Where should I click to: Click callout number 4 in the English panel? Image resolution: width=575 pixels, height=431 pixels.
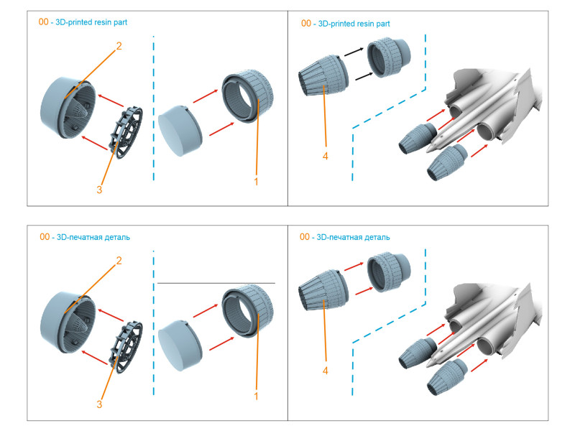[326, 157]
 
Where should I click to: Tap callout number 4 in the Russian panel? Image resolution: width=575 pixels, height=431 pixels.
[326, 371]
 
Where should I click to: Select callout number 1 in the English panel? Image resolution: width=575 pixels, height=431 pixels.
[256, 182]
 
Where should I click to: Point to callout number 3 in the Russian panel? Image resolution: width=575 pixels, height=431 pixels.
[99, 404]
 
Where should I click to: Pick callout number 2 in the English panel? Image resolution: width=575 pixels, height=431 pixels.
[119, 46]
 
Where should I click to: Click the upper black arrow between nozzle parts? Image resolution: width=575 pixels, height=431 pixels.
[354, 52]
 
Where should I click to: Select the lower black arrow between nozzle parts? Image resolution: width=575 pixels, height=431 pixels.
[364, 76]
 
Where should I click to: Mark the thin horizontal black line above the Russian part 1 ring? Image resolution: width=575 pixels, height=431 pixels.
[216, 283]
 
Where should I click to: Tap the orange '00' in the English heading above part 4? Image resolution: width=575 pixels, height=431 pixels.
[306, 24]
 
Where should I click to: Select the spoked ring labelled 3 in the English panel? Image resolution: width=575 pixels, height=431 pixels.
[126, 133]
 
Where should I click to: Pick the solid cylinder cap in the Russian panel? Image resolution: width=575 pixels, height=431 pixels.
[180, 346]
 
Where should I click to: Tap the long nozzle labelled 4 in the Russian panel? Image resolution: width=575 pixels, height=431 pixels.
[323, 290]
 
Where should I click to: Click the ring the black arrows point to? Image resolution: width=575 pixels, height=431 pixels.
[389, 57]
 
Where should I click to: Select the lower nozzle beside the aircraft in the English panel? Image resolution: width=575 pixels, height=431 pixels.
[447, 162]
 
